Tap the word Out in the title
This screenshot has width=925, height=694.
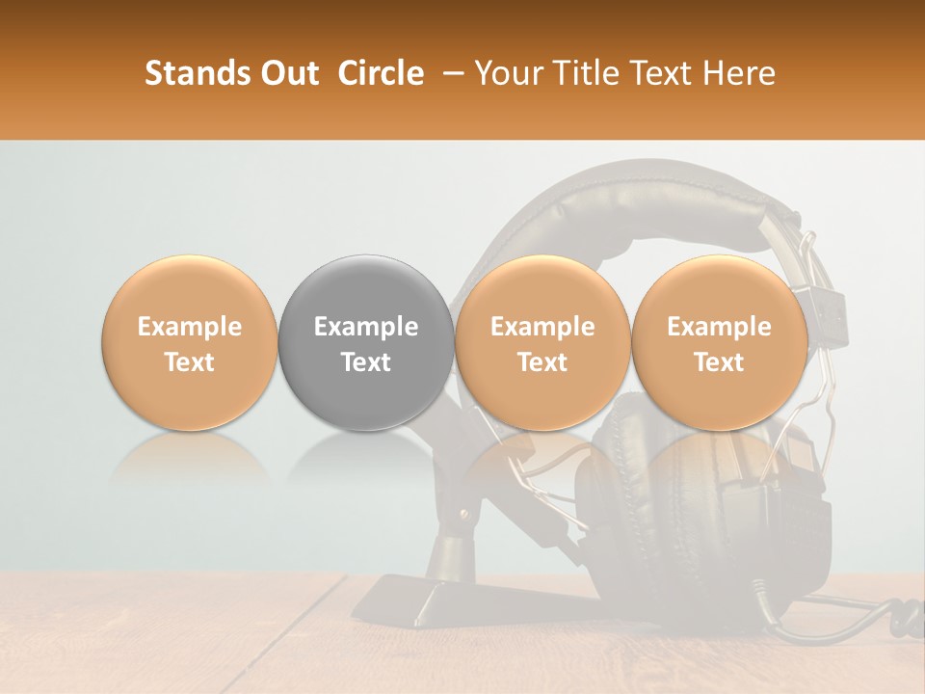click(287, 73)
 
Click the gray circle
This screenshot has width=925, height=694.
click(366, 343)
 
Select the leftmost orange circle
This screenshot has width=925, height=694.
click(190, 343)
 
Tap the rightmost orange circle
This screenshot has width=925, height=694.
click(719, 343)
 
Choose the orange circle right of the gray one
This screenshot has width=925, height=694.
click(542, 343)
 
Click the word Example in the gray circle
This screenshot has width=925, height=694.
click(366, 327)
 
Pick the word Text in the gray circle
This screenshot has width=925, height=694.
click(366, 362)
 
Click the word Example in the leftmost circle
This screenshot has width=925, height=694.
click(190, 327)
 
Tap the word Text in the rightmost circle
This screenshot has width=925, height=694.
click(719, 362)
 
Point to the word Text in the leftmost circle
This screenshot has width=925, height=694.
click(190, 362)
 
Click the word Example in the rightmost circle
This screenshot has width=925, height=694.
click(719, 327)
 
